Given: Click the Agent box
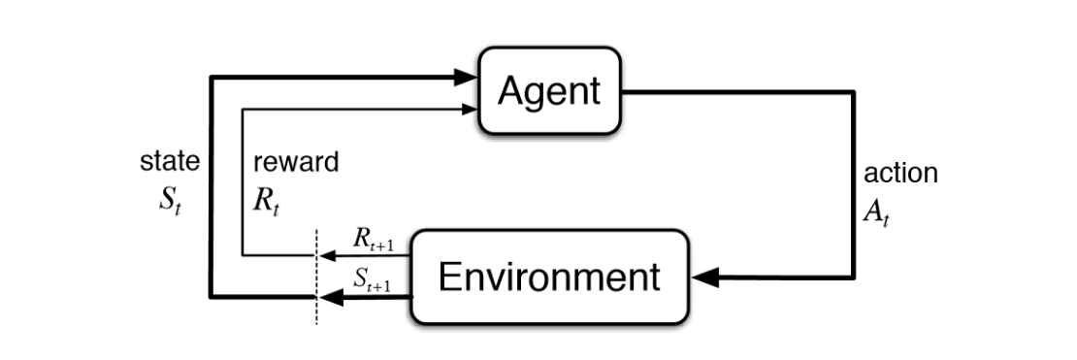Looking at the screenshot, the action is point(549,90).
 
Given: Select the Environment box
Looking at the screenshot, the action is point(549,277).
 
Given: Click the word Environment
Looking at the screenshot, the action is point(549,277).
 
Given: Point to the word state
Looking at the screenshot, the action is point(170,162).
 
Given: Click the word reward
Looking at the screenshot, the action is point(296,162).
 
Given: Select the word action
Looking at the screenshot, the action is point(900,173).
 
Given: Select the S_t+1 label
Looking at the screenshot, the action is point(373,279).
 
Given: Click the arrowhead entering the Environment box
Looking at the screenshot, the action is point(704,278).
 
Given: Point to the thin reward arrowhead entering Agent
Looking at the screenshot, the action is point(471,109).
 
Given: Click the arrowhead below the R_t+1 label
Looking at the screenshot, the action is point(327,255).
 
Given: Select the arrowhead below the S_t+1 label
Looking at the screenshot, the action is point(331,297).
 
